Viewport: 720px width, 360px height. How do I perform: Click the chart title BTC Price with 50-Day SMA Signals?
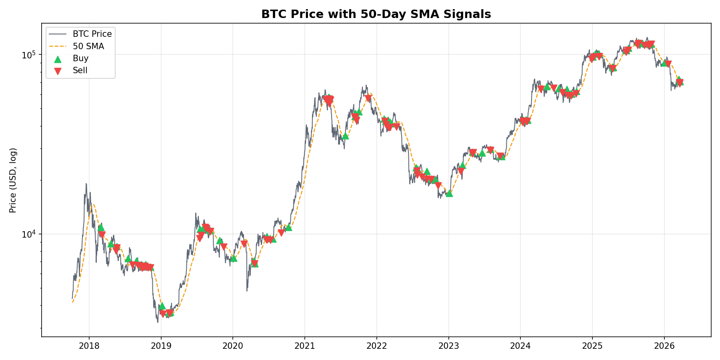tap(376, 14)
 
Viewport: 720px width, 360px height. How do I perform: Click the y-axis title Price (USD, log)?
tap(13, 180)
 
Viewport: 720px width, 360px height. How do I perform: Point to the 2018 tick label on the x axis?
tap(89, 345)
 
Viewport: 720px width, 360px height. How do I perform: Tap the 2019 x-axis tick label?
tap(161, 345)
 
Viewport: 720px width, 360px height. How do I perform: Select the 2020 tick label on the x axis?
tap(233, 345)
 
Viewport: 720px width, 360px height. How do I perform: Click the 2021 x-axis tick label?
tap(305, 345)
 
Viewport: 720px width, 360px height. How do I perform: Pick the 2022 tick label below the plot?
tap(376, 345)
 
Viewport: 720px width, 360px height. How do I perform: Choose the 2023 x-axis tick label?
tap(448, 345)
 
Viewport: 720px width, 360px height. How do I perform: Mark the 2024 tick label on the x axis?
tap(520, 345)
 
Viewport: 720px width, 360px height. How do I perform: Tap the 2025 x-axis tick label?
tap(592, 345)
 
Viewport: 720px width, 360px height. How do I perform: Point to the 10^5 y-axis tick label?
tap(29, 54)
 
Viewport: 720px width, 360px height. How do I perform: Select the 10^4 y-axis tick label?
tap(29, 234)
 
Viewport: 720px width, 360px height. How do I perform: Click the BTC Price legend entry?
tap(92, 34)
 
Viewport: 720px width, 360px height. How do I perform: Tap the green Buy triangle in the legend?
tap(58, 59)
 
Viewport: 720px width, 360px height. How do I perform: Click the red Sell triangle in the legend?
tap(58, 71)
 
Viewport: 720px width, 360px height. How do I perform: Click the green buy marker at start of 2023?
tap(449, 193)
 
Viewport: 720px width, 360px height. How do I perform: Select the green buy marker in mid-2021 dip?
tap(345, 136)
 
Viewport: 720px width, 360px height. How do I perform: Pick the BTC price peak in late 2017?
tap(86, 184)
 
